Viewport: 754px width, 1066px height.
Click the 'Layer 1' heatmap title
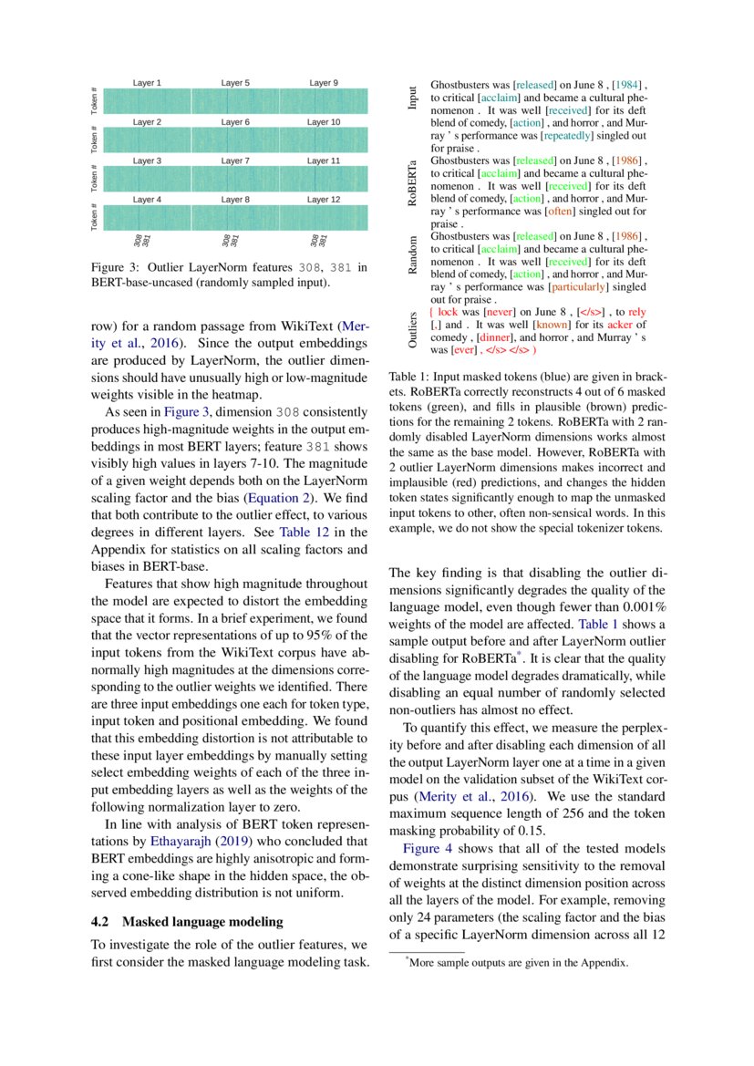[147, 83]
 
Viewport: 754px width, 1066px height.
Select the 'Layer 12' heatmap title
[323, 199]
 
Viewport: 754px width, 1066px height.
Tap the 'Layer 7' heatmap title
[235, 160]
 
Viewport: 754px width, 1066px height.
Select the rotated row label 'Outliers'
[413, 330]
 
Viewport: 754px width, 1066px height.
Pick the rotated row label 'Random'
[413, 254]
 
